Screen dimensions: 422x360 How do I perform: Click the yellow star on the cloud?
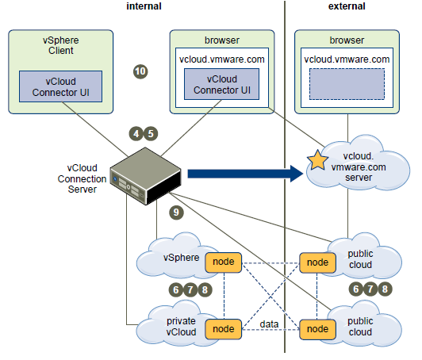317,160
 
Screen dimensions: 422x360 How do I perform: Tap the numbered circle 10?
140,71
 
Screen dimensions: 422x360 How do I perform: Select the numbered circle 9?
176,213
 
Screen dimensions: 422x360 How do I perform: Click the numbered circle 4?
136,134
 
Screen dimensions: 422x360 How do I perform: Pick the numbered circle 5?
151,134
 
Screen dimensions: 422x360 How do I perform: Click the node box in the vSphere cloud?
224,262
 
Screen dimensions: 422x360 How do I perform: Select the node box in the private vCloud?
224,329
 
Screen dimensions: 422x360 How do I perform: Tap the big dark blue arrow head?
297,174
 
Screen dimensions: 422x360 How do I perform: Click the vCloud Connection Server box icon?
145,176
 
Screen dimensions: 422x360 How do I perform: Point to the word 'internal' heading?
144,6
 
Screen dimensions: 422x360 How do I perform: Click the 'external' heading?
347,6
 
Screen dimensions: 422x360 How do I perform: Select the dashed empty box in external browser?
347,84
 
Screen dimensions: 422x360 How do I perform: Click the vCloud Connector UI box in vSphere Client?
60,86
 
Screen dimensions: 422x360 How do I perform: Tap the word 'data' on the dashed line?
269,324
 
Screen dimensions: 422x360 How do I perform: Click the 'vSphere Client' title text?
61,45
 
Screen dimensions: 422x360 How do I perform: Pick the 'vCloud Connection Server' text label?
82,178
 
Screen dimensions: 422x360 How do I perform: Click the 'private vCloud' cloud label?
181,327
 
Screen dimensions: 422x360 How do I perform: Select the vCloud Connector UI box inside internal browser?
222,84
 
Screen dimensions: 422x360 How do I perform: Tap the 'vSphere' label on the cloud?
181,258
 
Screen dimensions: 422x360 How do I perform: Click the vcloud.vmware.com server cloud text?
359,167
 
